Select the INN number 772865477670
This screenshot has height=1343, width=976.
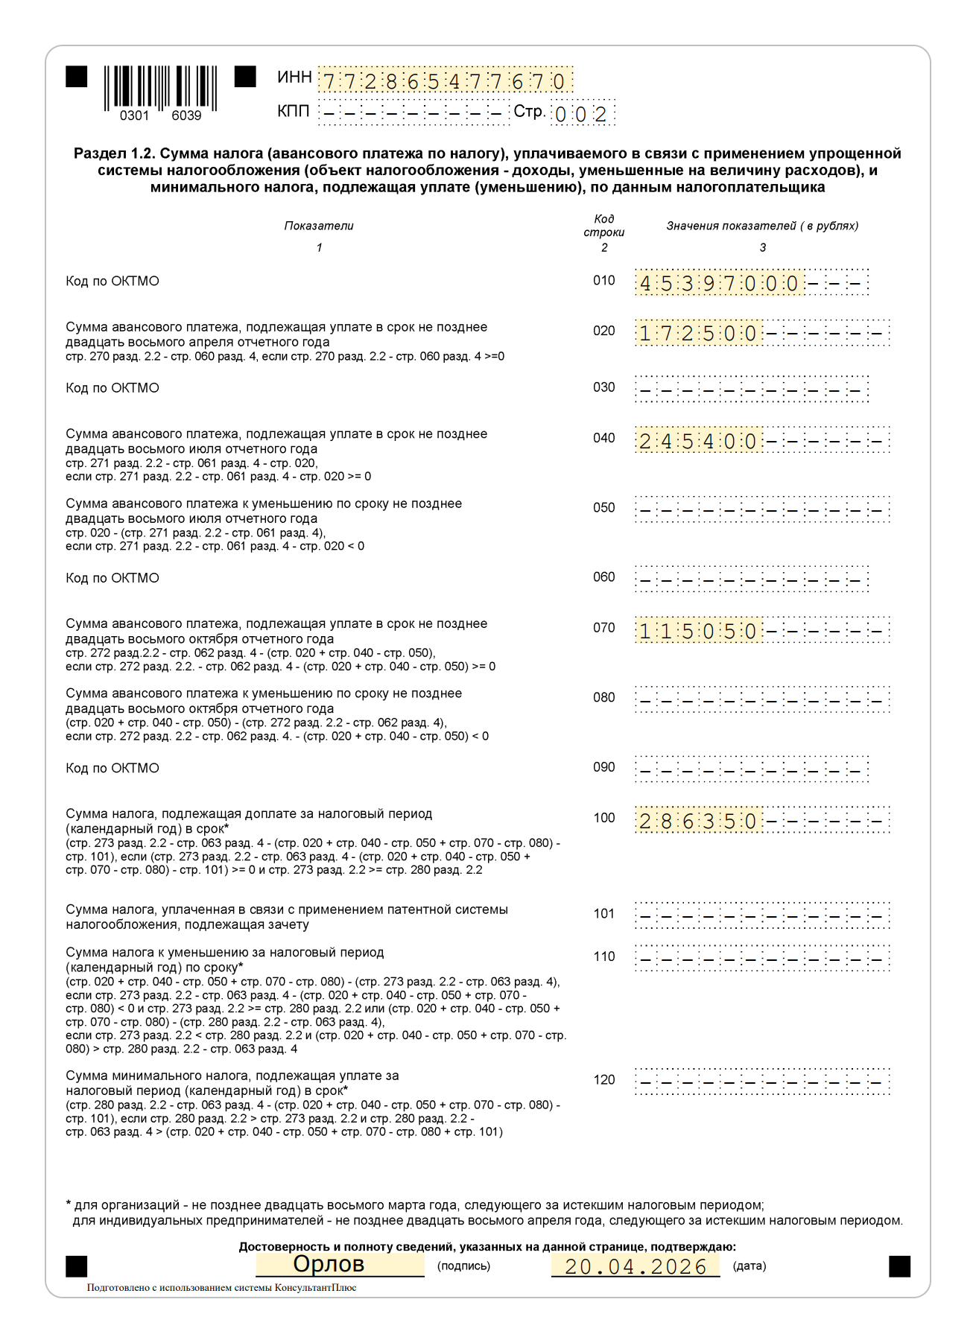(x=445, y=80)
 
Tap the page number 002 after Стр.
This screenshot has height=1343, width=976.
(x=581, y=114)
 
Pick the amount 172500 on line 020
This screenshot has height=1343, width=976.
(x=698, y=333)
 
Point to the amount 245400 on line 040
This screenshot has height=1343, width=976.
(x=698, y=441)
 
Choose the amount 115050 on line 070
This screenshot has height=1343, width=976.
(x=698, y=632)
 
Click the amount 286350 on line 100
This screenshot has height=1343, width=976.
(x=698, y=822)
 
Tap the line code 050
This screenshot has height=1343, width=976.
(x=603, y=508)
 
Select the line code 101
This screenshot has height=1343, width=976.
(x=603, y=914)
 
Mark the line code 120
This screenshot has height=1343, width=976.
(x=603, y=1080)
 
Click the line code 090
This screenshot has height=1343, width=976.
(x=603, y=767)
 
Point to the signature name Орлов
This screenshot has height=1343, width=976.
(x=329, y=1264)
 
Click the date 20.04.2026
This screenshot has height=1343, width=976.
(x=636, y=1266)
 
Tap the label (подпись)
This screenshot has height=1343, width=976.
(x=463, y=1266)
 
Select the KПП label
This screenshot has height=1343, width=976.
(x=293, y=112)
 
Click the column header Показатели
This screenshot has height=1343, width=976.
(x=319, y=226)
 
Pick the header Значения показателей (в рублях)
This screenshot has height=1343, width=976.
(x=762, y=226)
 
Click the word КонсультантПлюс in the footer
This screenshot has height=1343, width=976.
(x=315, y=1288)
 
